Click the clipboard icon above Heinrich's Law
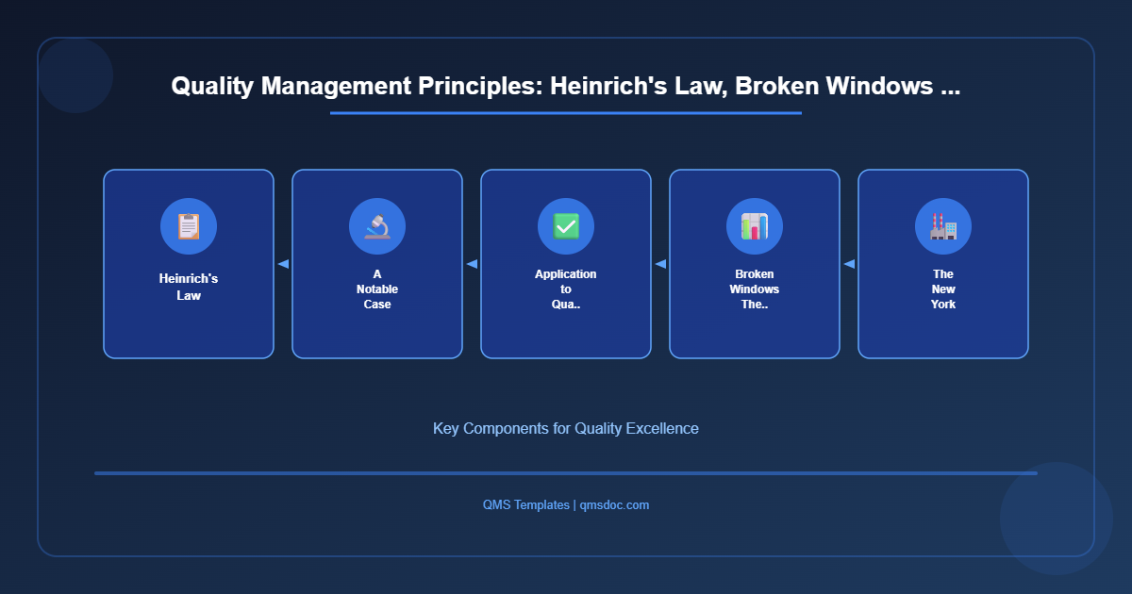(189, 226)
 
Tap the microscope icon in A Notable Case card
(377, 226)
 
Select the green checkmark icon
(566, 226)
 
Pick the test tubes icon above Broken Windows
(755, 226)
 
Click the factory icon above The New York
(943, 226)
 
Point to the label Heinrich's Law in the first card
(189, 288)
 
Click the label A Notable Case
(377, 289)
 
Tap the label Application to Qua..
(566, 289)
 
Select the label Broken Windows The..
(755, 289)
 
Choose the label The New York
(943, 289)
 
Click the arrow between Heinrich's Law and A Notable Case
(283, 264)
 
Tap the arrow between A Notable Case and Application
(472, 264)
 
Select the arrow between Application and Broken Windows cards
(660, 264)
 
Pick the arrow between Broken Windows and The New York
(849, 264)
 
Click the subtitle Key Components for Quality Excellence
(566, 428)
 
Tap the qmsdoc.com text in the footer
(614, 505)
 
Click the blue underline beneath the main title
(566, 113)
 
